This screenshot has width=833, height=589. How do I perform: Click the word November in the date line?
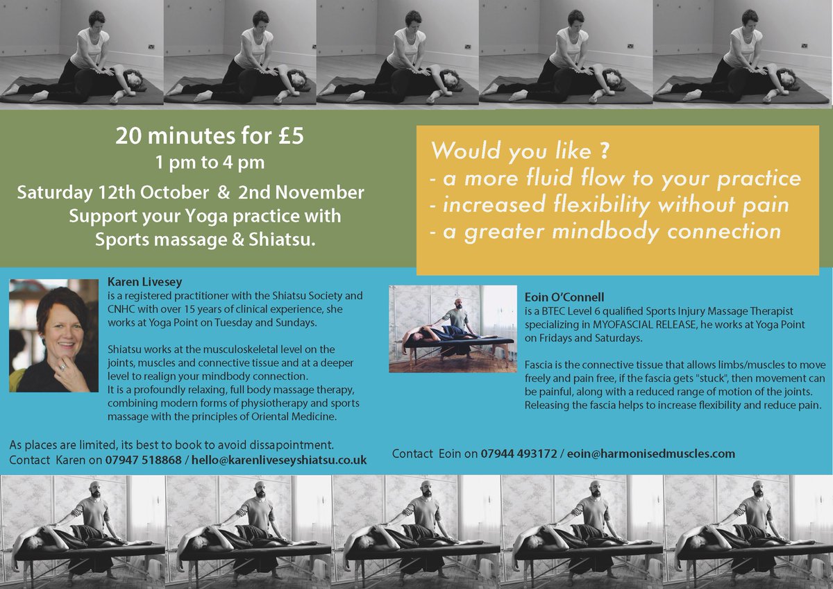[330, 192]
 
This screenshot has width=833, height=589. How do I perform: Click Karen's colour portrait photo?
[53, 335]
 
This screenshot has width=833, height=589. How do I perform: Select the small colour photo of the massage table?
[452, 329]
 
